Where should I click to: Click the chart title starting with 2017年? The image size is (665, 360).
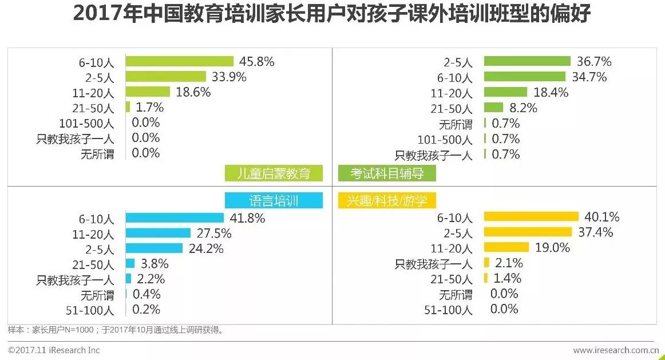coord(332,14)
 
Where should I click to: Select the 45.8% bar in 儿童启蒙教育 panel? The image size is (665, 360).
coord(179,61)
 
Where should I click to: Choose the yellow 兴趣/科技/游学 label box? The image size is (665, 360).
coord(387,200)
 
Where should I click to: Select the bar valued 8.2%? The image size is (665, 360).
coord(493,108)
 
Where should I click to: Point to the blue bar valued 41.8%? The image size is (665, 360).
coord(175,217)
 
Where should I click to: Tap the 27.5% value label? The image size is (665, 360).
coord(213,233)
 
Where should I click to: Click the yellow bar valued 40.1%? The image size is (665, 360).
coord(531,216)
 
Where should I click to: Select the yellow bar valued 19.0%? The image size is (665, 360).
coord(506,247)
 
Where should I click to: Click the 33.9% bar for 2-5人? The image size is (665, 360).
coord(165,77)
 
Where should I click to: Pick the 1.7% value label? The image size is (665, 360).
coord(148,107)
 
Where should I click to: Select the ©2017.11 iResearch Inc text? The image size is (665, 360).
coord(54,350)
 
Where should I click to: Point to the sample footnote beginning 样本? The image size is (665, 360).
coord(115,330)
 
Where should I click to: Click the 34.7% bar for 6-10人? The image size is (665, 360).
coord(524,77)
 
